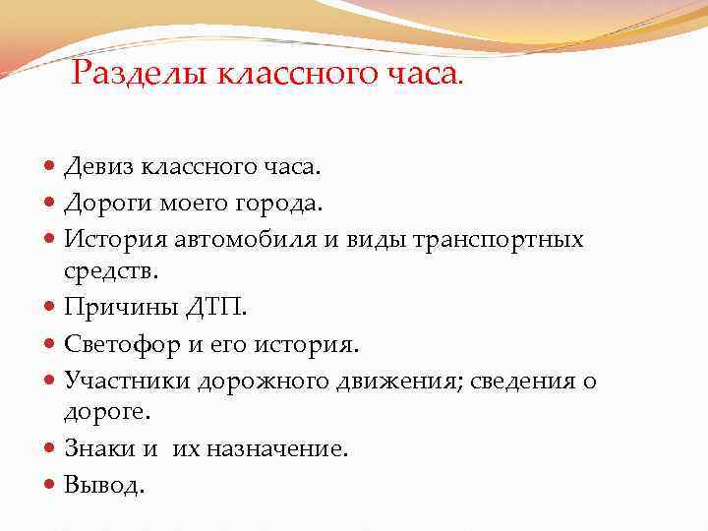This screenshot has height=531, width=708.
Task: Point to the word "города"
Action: pos(287,205)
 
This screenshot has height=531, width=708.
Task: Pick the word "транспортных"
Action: pos(503,239)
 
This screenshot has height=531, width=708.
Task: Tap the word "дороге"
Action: pos(101,414)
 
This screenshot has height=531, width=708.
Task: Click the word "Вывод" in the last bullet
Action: pos(100,485)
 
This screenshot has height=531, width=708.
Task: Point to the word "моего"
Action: pos(192,205)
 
